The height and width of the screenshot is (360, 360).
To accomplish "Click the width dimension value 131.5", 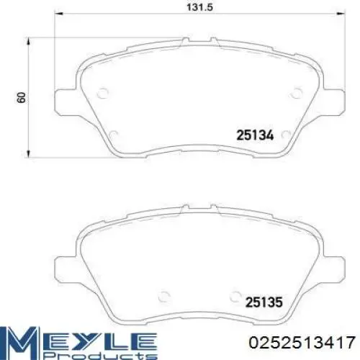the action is click(199, 7).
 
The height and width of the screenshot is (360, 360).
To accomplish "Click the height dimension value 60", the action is click(22, 97).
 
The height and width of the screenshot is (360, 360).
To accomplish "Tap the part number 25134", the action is click(255, 135).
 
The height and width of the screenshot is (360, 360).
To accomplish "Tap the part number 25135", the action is click(264, 302).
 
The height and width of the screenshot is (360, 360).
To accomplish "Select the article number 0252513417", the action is click(302, 342).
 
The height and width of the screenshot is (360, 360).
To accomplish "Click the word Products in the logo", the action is click(101, 356).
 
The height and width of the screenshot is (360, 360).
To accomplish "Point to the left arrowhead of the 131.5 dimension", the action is click(59, 14).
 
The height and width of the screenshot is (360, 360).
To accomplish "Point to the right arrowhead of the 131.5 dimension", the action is click(341, 14).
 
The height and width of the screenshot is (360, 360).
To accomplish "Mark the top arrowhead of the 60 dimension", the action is click(29, 41).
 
